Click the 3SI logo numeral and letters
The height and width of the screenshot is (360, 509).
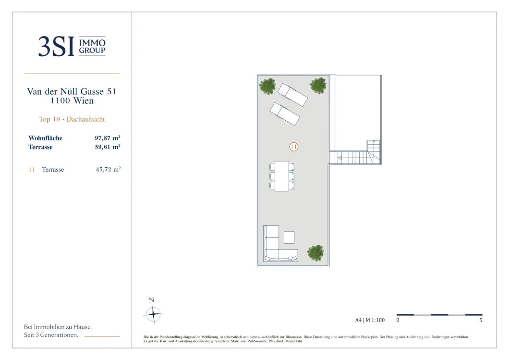point(56,47)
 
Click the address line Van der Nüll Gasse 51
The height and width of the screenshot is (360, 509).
point(72,91)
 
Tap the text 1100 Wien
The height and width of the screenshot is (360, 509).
point(72,101)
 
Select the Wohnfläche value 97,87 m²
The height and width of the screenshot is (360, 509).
point(108,138)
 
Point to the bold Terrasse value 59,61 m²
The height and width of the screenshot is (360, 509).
point(108,147)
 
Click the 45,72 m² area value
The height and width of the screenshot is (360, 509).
point(108,169)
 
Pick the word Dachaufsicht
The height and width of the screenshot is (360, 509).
point(85,119)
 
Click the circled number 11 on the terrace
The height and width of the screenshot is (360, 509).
point(294,147)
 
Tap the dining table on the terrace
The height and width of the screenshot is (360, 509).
point(282,176)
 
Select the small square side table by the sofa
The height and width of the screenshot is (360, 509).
point(289,237)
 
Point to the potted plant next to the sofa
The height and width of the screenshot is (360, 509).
point(315,253)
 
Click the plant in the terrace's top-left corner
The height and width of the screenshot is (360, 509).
point(267,86)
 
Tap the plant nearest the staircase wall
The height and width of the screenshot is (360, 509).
point(318,86)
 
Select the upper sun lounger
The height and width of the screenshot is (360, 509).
point(292,95)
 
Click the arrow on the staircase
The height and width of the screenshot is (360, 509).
point(339,158)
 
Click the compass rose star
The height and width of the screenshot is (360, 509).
point(153,314)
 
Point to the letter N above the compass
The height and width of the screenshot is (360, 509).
point(151,300)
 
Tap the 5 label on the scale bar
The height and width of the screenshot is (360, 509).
point(481,320)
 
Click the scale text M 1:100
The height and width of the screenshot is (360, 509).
point(375,320)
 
